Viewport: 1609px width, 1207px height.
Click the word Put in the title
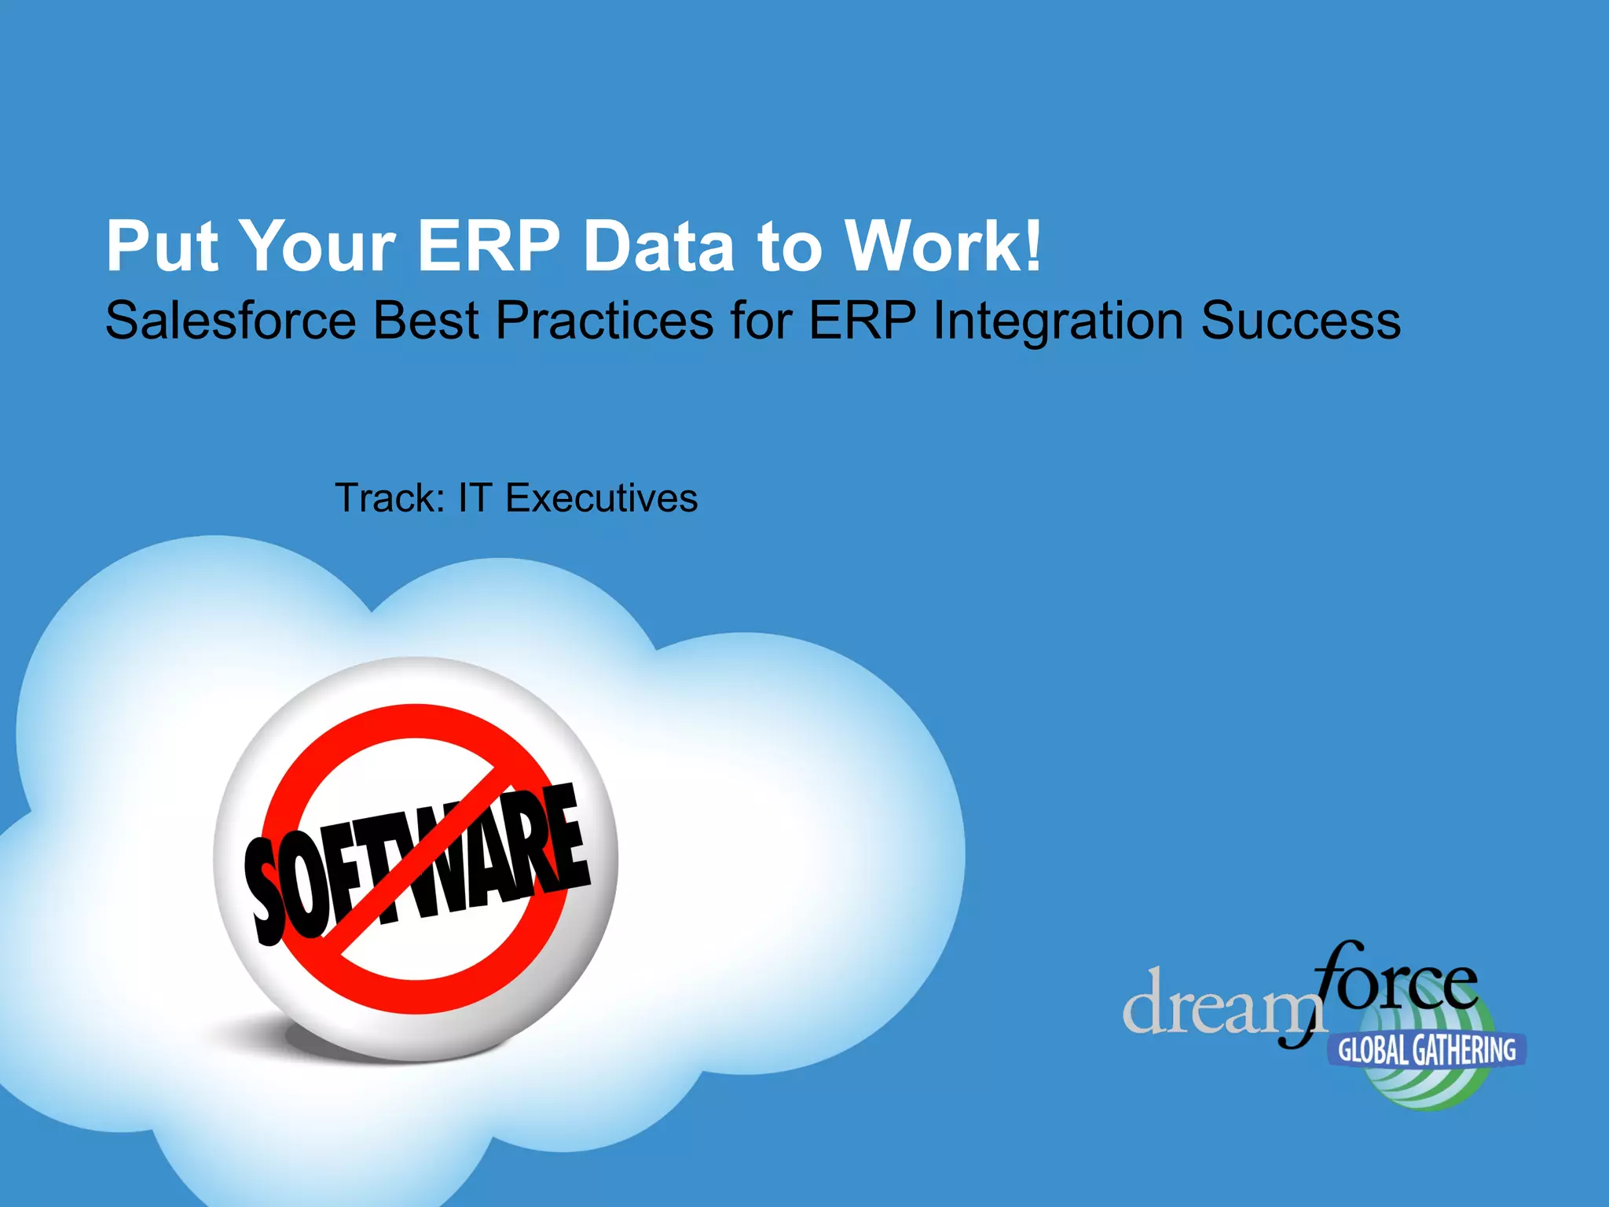pyautogui.click(x=162, y=246)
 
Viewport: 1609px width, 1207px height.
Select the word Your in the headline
pyautogui.click(x=317, y=246)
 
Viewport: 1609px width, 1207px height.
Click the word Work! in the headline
pyautogui.click(x=943, y=246)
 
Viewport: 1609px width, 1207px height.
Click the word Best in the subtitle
pyautogui.click(x=426, y=321)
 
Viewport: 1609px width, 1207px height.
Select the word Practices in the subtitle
pyautogui.click(x=605, y=321)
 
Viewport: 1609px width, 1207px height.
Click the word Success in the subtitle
pyautogui.click(x=1300, y=321)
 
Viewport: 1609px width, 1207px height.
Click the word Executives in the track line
pyautogui.click(x=602, y=498)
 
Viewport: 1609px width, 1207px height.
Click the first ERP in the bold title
pyautogui.click(x=489, y=246)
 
